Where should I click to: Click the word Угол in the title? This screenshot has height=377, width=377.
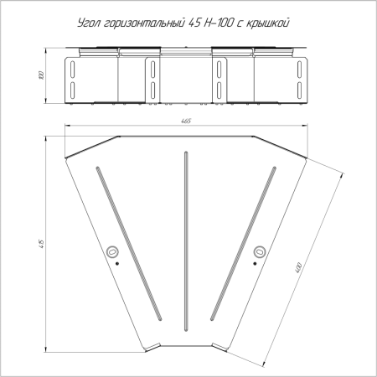tap(89, 23)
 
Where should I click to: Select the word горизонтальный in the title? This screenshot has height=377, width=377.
tap(143, 23)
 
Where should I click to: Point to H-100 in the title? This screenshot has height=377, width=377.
tap(218, 23)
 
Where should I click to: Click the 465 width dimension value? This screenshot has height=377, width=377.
tap(186, 121)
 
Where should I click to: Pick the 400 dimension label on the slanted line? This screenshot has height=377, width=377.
tap(298, 268)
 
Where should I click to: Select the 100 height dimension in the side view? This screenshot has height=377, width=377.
tap(42, 75)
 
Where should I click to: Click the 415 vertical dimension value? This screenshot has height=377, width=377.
tap(42, 244)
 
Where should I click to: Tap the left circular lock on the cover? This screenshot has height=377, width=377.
tap(112, 252)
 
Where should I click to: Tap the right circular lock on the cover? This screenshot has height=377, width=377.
tap(260, 252)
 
